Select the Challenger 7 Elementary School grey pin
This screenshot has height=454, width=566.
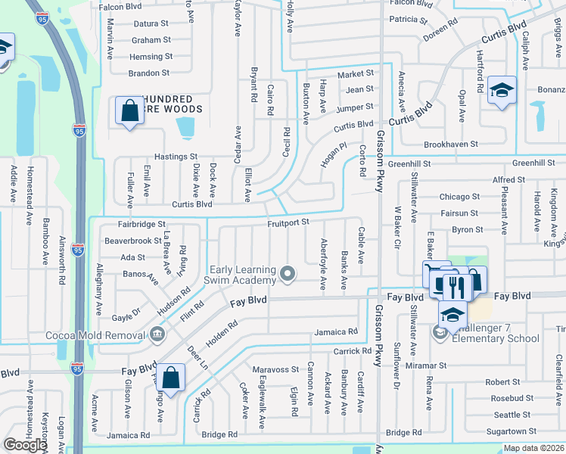point(440,332)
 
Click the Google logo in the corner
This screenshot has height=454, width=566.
point(25,445)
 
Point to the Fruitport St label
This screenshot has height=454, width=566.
point(288,222)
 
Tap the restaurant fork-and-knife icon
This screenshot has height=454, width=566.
point(454,286)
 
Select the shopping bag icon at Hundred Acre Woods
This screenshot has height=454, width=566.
point(129,111)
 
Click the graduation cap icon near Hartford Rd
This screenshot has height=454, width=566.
point(501,91)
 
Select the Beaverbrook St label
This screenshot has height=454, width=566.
point(132,241)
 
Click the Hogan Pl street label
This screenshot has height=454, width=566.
point(332,148)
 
